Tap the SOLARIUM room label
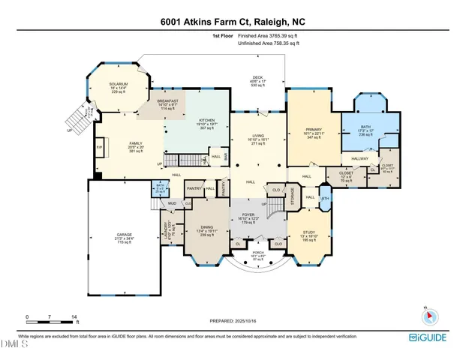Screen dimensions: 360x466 click(119, 84)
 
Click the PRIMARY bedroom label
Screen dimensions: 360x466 click(313, 129)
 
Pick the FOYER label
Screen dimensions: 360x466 click(258, 215)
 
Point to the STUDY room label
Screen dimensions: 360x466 click(309, 232)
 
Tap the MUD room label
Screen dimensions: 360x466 click(172, 203)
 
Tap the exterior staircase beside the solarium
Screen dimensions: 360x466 click(77, 118)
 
